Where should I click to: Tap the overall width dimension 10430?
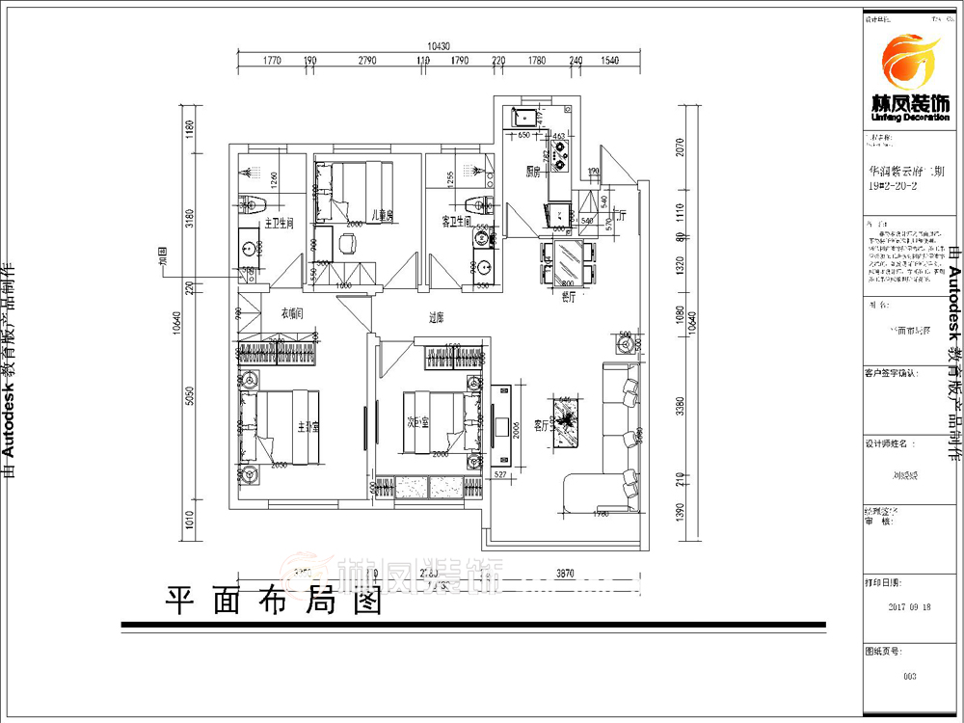coord(439,45)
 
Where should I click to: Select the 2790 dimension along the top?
coord(366,62)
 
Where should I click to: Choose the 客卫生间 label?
coord(456,222)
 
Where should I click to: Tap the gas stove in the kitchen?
coord(560,157)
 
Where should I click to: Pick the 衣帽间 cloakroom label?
coord(292,313)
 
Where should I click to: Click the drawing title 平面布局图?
coord(275,602)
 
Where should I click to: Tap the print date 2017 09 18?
coord(909,607)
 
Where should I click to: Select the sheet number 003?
coord(909,676)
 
